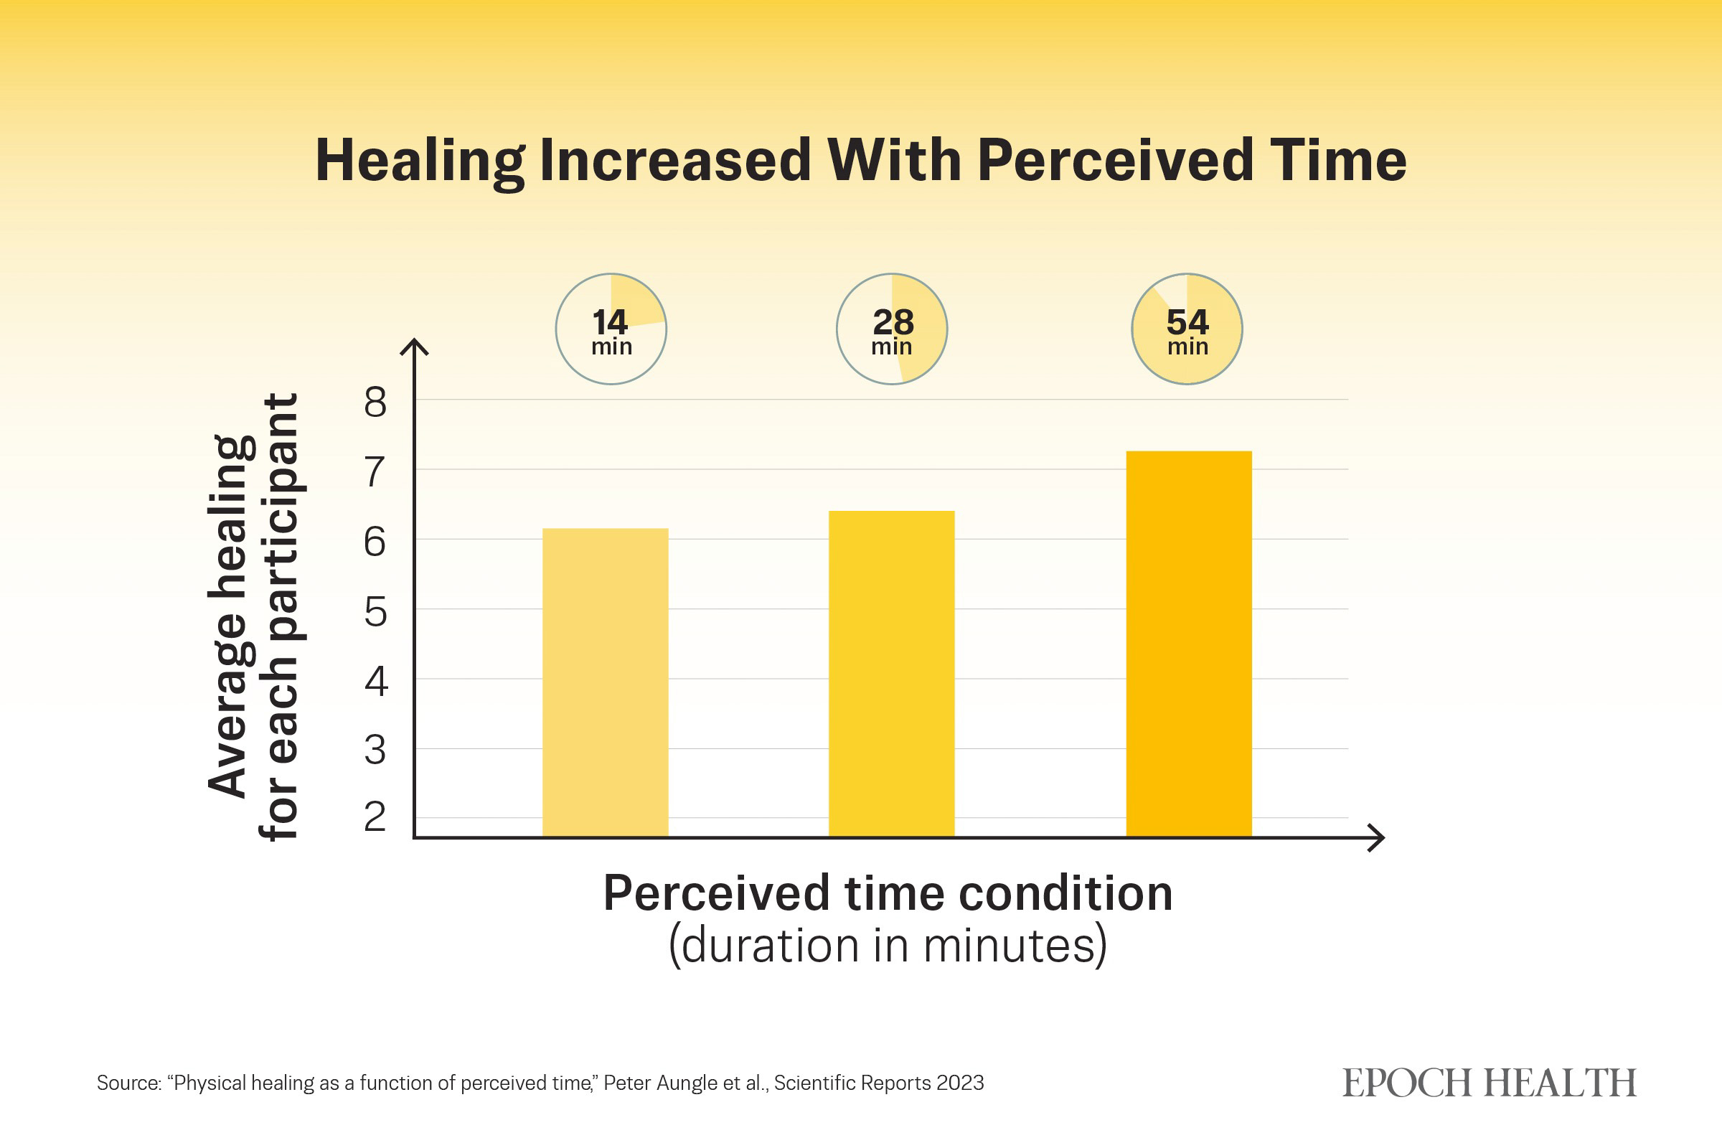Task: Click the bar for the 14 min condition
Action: pos(605,682)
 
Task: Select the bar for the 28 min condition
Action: pos(891,674)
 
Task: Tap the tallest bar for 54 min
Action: pos(1188,644)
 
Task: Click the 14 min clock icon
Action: pos(611,329)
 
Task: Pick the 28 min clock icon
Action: pos(892,329)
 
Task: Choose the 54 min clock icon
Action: pos(1187,329)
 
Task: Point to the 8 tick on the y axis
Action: pos(375,403)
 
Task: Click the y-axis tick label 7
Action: pos(375,472)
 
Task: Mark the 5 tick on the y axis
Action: pos(375,612)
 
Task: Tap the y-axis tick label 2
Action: pos(375,817)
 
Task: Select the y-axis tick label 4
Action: pos(375,681)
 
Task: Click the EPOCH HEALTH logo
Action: pos(1490,1083)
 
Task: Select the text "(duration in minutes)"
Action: pos(888,946)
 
